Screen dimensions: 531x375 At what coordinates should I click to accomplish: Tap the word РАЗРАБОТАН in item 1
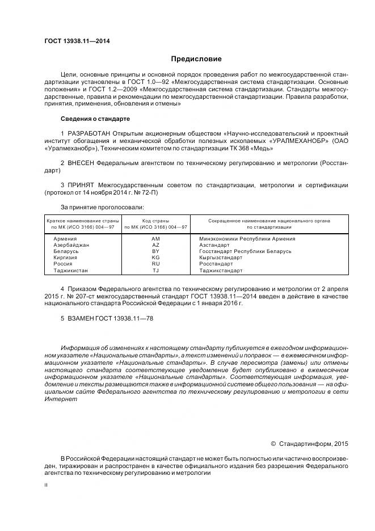coord(89,133)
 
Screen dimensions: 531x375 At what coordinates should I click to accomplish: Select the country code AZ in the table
coord(156,245)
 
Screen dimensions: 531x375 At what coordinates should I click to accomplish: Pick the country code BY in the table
coord(156,251)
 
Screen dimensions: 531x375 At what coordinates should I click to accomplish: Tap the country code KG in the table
coord(156,257)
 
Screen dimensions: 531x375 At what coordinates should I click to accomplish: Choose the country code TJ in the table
coord(156,270)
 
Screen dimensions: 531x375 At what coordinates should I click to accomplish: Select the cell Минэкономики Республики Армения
coord(247,238)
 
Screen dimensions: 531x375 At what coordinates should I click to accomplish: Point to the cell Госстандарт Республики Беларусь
coord(245,251)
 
